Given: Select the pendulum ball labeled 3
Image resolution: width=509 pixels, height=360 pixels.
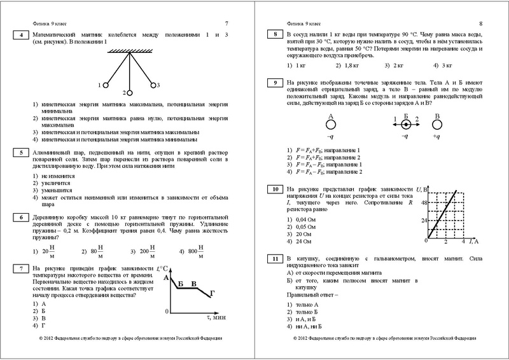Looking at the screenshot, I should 152,84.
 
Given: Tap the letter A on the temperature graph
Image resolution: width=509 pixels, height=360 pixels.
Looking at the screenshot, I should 166,277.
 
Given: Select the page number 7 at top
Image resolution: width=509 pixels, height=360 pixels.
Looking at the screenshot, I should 227,24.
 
